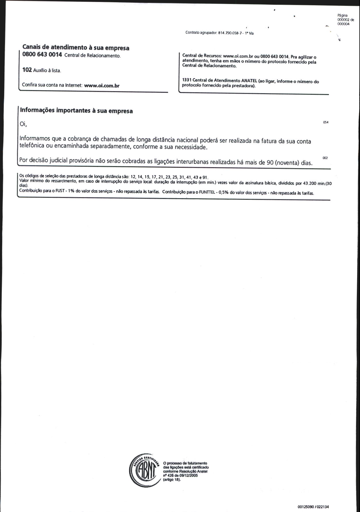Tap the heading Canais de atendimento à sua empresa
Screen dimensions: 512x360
pyautogui.click(x=76, y=48)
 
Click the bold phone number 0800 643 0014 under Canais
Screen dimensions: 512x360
pyautogui.click(x=42, y=55)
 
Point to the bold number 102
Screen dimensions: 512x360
pyautogui.click(x=27, y=70)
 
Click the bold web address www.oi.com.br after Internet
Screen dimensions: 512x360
pyautogui.click(x=102, y=85)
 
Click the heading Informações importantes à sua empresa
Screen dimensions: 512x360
pyautogui.click(x=76, y=111)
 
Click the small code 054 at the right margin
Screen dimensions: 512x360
pyautogui.click(x=325, y=122)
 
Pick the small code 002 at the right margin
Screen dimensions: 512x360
pyautogui.click(x=325, y=158)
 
